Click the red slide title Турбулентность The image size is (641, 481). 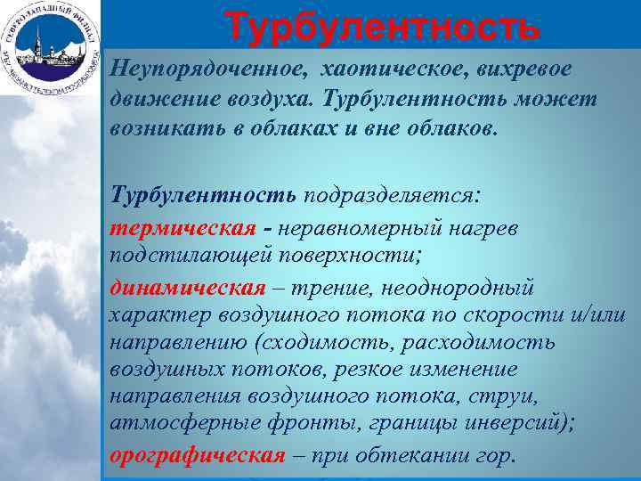click(x=383, y=26)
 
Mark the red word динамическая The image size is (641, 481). click(x=188, y=287)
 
